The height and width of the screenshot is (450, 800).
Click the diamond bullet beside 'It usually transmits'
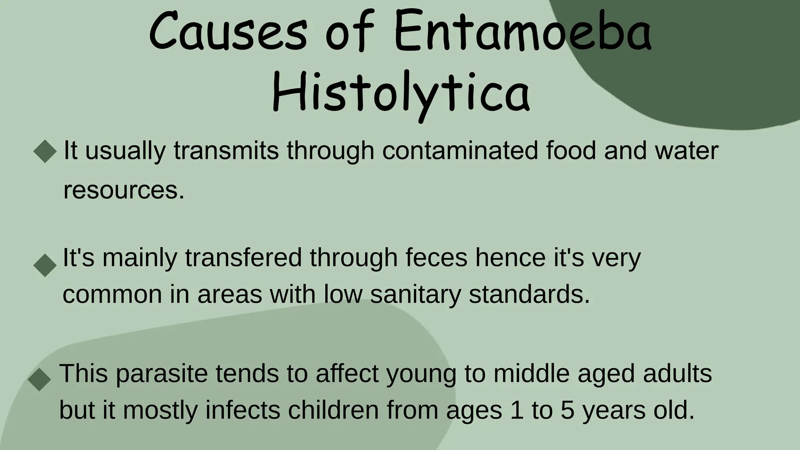click(45, 151)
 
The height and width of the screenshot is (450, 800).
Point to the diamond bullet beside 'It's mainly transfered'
click(45, 265)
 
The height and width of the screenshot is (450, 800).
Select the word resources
click(123, 190)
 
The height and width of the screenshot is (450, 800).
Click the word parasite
click(162, 373)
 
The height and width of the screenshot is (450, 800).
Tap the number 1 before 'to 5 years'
click(517, 410)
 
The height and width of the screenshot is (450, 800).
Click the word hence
click(510, 258)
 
